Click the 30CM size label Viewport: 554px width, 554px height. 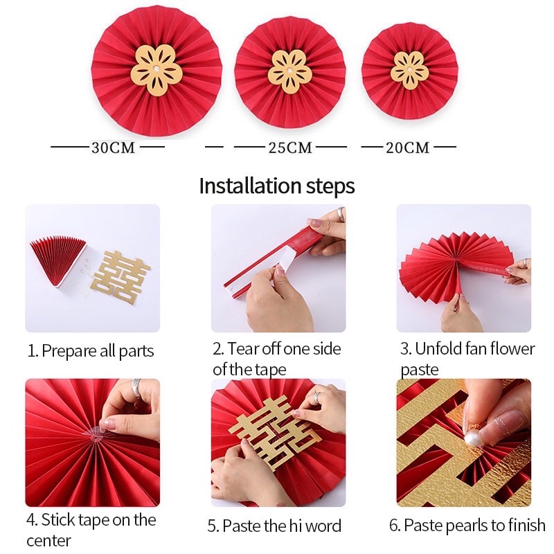pos(113,148)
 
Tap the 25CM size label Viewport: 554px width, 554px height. pos(290,148)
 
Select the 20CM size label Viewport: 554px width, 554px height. pos(408,148)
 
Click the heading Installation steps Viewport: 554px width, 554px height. pos(277,186)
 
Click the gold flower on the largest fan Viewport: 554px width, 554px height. pos(157,71)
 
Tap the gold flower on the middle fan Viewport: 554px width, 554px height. pos(290,71)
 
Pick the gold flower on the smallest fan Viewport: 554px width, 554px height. pos(409,70)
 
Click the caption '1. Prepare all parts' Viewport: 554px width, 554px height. pos(91,350)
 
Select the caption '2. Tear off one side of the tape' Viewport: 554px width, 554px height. pos(277,358)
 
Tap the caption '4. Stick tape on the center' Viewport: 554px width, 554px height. pos(91,529)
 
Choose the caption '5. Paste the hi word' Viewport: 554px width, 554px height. pos(274,526)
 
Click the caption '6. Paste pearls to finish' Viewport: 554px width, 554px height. pos(467,526)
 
